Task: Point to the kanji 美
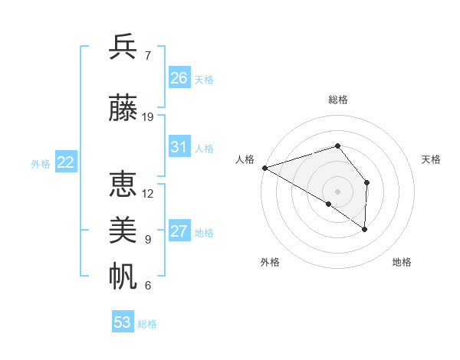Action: tap(123, 231)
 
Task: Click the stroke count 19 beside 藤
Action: tap(148, 117)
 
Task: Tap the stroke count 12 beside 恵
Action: tap(148, 194)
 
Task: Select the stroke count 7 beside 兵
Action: tap(147, 56)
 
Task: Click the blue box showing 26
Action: tap(179, 77)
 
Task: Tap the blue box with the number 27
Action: tap(179, 231)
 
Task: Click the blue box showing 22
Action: tap(66, 162)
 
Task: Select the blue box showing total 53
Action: tap(123, 322)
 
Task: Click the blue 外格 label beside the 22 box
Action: tap(41, 163)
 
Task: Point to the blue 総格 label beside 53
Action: tap(147, 324)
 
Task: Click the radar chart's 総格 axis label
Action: tap(337, 100)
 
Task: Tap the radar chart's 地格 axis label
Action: tap(402, 262)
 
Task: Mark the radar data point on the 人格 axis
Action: tap(264, 167)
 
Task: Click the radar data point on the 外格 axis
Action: tap(329, 204)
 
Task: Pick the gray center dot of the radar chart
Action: tap(337, 191)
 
